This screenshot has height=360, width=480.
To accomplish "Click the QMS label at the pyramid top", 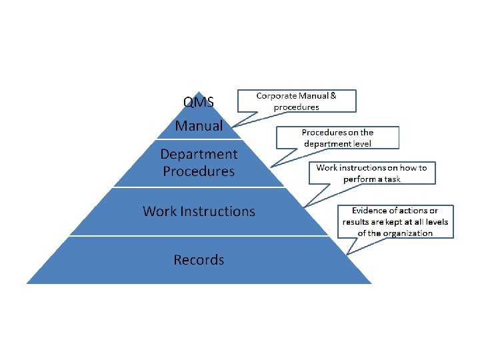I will point(199,102).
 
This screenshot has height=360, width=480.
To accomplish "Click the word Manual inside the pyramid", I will point(199,125).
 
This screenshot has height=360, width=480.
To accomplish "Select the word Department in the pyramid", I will point(199,154).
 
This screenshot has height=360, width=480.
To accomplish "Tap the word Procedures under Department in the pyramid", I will point(199,171).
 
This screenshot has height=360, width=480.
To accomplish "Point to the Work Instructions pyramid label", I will point(199,211).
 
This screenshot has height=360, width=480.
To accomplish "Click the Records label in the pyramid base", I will point(199,260).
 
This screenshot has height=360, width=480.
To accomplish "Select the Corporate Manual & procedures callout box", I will point(297,101).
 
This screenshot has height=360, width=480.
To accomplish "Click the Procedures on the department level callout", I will point(337,138).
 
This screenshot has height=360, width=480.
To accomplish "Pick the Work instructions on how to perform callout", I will point(371,173).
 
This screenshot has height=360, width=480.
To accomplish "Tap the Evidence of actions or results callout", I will point(395,222).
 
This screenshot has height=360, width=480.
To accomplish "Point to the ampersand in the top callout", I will point(333,96).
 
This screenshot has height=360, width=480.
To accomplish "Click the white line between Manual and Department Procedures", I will point(199,139).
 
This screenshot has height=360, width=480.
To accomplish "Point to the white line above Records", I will point(199,235).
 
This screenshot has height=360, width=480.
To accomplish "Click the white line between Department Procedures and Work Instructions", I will point(199,187).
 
